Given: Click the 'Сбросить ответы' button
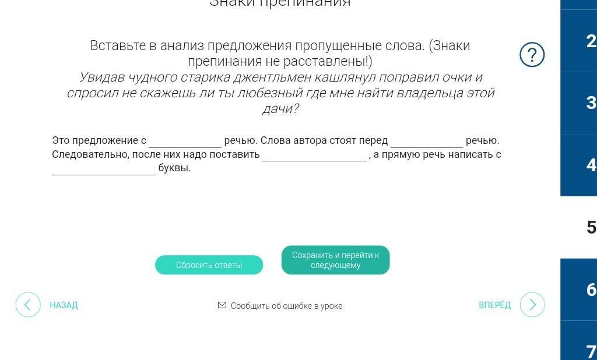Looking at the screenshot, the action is click(209, 265).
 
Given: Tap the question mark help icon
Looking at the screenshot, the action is click(532, 55).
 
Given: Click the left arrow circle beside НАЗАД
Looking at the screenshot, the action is click(28, 305).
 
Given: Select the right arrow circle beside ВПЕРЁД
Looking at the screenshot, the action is click(532, 305).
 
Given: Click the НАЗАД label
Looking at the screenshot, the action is click(64, 305).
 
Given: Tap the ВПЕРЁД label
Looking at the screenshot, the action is click(494, 305).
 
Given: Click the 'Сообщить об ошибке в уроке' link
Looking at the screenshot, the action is click(286, 306).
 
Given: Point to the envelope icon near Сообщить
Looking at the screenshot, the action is click(222, 305).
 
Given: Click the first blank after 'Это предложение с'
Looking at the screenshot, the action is click(185, 141).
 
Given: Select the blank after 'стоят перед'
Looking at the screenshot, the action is click(427, 141).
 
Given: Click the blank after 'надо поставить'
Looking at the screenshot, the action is click(314, 155).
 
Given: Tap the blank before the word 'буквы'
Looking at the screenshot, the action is click(104, 168).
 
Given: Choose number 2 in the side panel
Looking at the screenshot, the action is click(591, 41).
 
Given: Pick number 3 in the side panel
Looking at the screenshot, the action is click(591, 103).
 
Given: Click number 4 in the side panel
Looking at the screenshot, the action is click(591, 165).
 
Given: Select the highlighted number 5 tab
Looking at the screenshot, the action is click(591, 227).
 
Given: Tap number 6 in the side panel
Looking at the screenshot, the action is click(591, 290).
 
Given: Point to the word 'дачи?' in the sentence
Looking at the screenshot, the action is click(280, 109).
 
